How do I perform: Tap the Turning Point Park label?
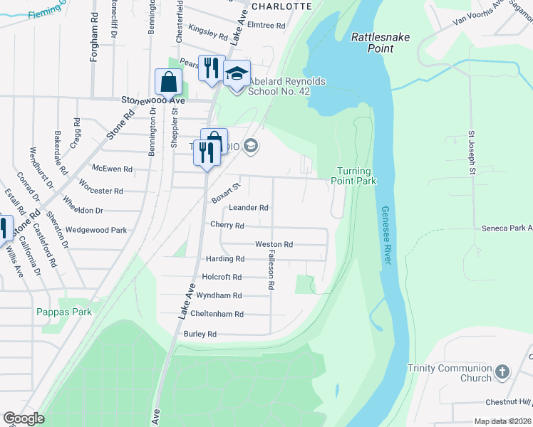coord(353,176)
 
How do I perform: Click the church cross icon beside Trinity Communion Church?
coord(502,372)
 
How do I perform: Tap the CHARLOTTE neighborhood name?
coord(282,6)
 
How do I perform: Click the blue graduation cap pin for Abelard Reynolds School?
coord(237,73)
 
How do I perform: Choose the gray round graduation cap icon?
coord(250,147)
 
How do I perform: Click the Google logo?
coord(24,418)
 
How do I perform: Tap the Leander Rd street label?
coord(249,208)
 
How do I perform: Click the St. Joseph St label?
coord(472,152)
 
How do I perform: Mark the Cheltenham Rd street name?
coord(219,314)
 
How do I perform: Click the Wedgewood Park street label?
coord(95,231)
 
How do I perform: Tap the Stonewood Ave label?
coord(152,101)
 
